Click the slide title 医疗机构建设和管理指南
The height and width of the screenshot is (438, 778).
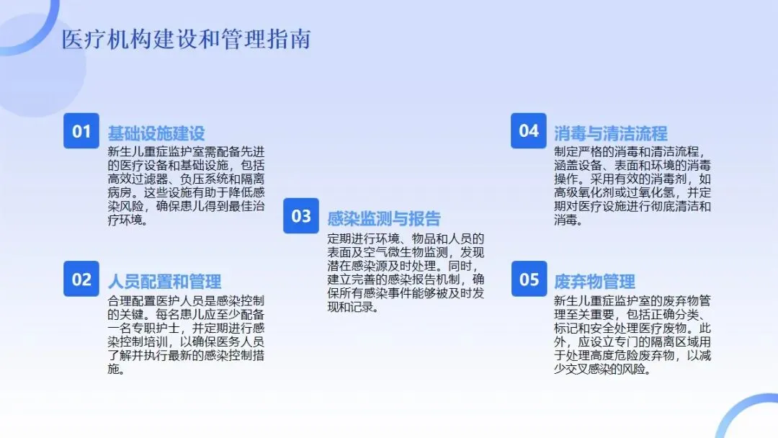[x=186, y=40]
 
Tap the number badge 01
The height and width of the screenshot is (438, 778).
[x=81, y=131]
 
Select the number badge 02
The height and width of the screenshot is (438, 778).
[x=81, y=280]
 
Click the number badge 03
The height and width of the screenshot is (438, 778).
[x=301, y=217]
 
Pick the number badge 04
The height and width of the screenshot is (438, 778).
[x=529, y=130]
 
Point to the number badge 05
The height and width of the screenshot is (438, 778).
[x=529, y=280]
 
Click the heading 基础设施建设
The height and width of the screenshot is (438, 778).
[x=156, y=133]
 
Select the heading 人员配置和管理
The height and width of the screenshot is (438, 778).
[x=164, y=281]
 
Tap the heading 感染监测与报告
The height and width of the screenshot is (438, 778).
[x=384, y=219]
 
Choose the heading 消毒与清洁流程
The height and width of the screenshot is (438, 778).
[x=611, y=133]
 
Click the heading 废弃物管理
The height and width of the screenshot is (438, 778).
[x=595, y=281]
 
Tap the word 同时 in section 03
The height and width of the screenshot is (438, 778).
[x=456, y=266]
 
